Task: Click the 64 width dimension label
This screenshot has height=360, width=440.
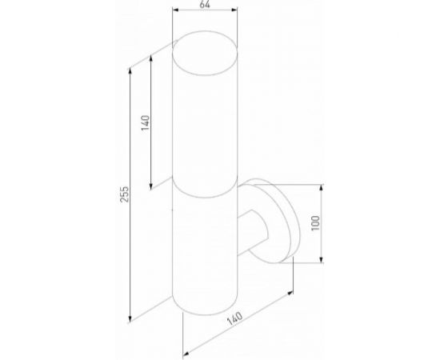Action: coord(206,5)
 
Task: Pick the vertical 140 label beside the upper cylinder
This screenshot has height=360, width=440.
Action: coord(146,125)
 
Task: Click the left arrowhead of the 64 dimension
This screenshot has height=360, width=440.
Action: coord(176,11)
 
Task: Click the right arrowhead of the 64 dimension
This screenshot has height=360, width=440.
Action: coord(237,11)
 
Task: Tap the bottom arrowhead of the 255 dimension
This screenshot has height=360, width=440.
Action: coord(131,322)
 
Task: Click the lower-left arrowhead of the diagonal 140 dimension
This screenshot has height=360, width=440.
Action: coord(185,351)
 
